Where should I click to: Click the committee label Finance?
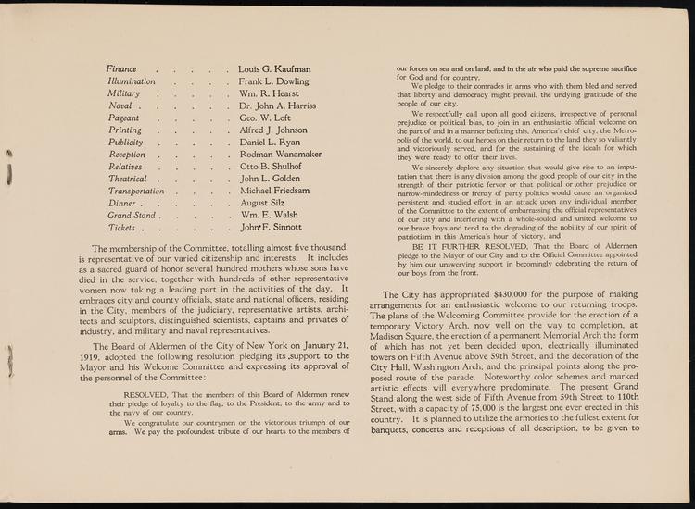coord(121,69)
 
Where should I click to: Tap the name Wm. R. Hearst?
coord(270,93)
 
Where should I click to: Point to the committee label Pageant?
coord(124,118)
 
